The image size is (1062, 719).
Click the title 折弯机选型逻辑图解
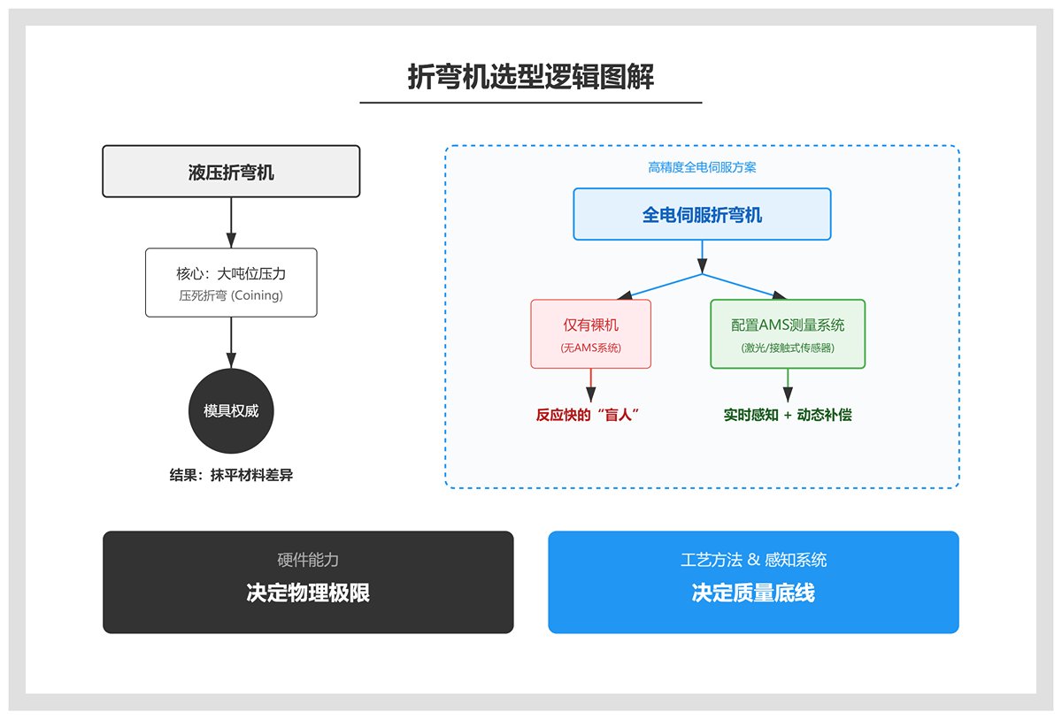(x=530, y=78)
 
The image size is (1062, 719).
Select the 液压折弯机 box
(x=231, y=172)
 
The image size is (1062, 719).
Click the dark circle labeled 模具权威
(x=231, y=411)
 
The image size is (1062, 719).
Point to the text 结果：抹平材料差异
(x=231, y=475)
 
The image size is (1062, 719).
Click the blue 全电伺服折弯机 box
(x=702, y=215)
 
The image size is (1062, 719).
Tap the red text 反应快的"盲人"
(x=588, y=415)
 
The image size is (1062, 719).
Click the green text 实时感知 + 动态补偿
(x=788, y=415)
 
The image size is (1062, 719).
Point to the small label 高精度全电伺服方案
(x=702, y=167)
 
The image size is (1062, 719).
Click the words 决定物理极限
(x=308, y=593)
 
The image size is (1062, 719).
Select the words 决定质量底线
(x=753, y=593)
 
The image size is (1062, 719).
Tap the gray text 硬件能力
(x=308, y=560)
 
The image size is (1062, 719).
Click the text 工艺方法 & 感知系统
(x=753, y=560)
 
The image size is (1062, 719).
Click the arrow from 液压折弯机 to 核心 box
(x=231, y=222)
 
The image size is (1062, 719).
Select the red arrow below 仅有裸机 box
(x=590, y=384)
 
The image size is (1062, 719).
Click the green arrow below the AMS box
(x=788, y=384)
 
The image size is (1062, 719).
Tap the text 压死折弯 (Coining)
(x=231, y=296)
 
